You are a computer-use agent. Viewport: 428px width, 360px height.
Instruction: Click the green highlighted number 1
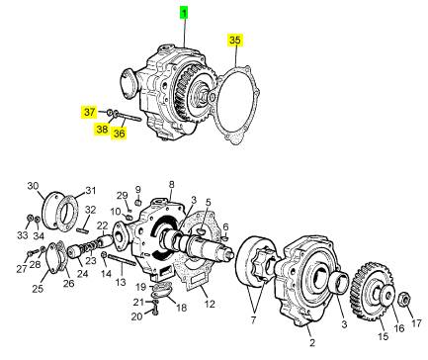point(184,14)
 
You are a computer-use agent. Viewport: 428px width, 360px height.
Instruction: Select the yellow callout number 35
point(235,41)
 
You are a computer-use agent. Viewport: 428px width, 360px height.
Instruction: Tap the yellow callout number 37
point(89,112)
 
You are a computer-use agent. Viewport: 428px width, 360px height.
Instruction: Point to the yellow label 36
point(119,134)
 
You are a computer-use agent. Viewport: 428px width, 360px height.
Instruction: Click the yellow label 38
point(102,129)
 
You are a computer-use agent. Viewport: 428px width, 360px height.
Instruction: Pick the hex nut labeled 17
point(403,300)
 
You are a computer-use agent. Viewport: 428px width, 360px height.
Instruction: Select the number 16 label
point(399,328)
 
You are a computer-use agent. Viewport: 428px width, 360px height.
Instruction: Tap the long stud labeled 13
point(122,260)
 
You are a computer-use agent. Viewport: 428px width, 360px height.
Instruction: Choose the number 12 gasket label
point(210,304)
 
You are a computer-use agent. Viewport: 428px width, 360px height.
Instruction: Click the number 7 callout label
point(254,319)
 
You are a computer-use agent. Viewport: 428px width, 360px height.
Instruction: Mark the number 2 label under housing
point(311,342)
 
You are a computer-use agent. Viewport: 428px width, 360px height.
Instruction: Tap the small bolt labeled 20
point(156,311)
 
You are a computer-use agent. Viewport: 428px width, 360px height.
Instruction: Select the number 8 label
point(171,185)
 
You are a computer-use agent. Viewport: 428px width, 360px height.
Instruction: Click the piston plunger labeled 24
point(74,253)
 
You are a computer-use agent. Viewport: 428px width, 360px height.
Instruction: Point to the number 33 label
point(23,235)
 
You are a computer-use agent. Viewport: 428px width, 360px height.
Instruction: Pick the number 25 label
point(38,289)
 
